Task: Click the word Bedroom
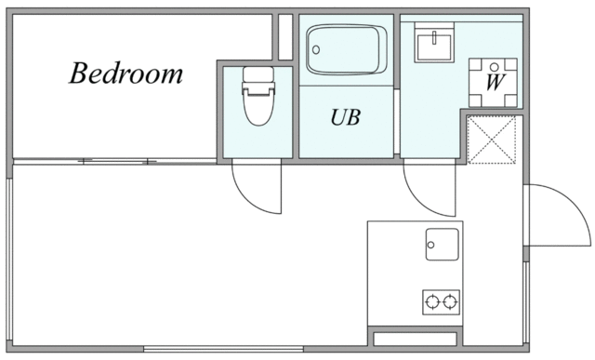[126, 74]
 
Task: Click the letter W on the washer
[495, 80]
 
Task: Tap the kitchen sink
[443, 245]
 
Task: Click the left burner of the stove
[432, 300]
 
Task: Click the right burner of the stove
[451, 300]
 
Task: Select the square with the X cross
[492, 139]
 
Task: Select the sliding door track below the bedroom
[116, 162]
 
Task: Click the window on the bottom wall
[223, 350]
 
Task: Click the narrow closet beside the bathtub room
[285, 37]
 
